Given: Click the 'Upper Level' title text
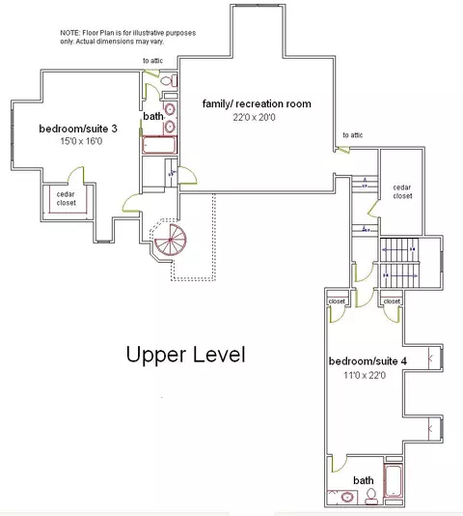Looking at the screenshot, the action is pos(185,355).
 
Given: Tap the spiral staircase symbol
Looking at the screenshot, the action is pos(170,240).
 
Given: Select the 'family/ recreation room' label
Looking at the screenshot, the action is pos(257,103).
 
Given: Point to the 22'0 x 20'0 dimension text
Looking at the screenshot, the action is pos(254,117).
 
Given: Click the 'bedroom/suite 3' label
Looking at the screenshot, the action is pos(78,129).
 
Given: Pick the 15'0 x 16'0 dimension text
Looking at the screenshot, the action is pos(81,141).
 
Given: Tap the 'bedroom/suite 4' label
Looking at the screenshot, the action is pos(368,361).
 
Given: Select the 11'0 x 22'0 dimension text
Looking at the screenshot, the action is pos(365,375).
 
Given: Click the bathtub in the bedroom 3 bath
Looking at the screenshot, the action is pos(159,145).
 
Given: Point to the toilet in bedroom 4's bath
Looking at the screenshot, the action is pos(371,497).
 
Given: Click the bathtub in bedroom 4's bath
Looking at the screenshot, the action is pos(393,481).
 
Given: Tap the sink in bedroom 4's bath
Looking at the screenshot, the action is pos(346,497).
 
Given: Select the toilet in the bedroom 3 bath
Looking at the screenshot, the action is pos(168,80).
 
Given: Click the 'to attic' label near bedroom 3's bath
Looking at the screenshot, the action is pos(152,61).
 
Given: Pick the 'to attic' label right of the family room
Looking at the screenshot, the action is pos(353,135).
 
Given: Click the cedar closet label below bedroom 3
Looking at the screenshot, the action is pos(66,198).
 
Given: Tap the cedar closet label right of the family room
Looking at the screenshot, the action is pos(402,191).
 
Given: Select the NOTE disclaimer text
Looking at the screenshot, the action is pos(128,37).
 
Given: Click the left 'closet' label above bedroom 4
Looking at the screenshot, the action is pos(337,301).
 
